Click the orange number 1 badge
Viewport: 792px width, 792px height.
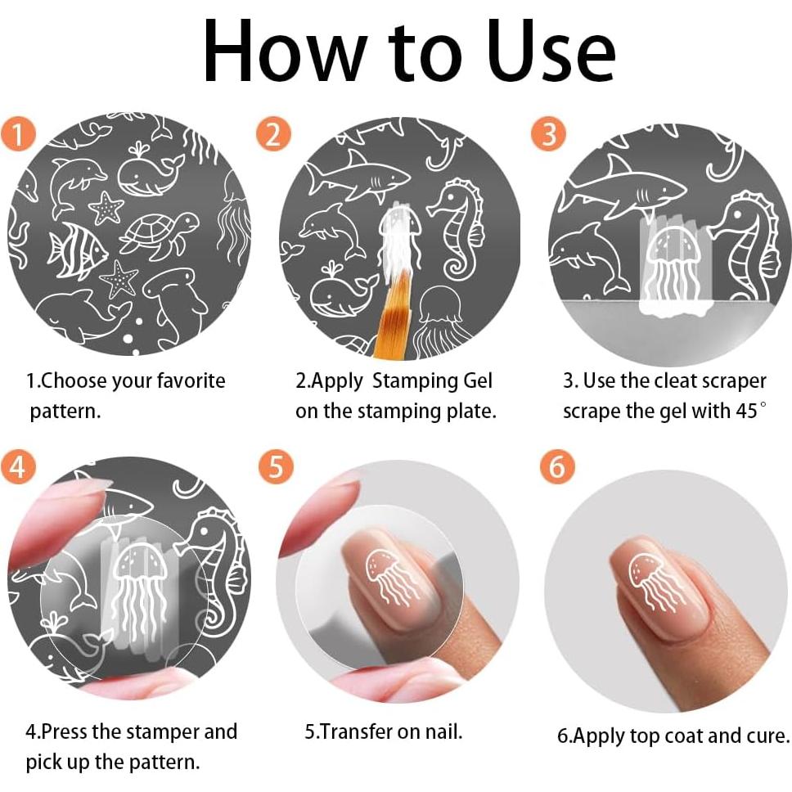click(18, 134)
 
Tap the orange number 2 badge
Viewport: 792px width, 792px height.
click(273, 134)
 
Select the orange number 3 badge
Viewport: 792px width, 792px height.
click(548, 134)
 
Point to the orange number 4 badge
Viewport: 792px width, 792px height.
click(18, 466)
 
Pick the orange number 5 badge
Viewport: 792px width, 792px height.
click(276, 466)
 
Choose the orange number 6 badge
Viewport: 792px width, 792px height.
click(557, 466)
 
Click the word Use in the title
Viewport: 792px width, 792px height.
click(551, 51)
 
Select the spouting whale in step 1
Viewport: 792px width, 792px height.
click(150, 171)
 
